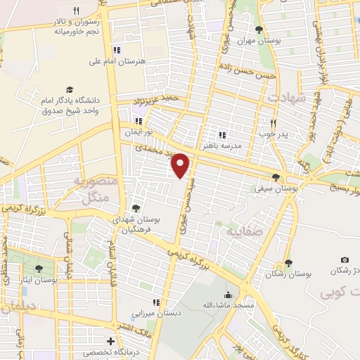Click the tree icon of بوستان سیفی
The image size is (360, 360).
276,178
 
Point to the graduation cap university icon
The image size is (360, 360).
70,89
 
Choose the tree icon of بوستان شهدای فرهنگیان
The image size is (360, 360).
136,208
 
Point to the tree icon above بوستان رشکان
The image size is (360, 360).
289,261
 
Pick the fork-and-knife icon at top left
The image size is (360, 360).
76,11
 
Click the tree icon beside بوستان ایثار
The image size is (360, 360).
39,268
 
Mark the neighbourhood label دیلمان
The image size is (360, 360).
21,307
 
